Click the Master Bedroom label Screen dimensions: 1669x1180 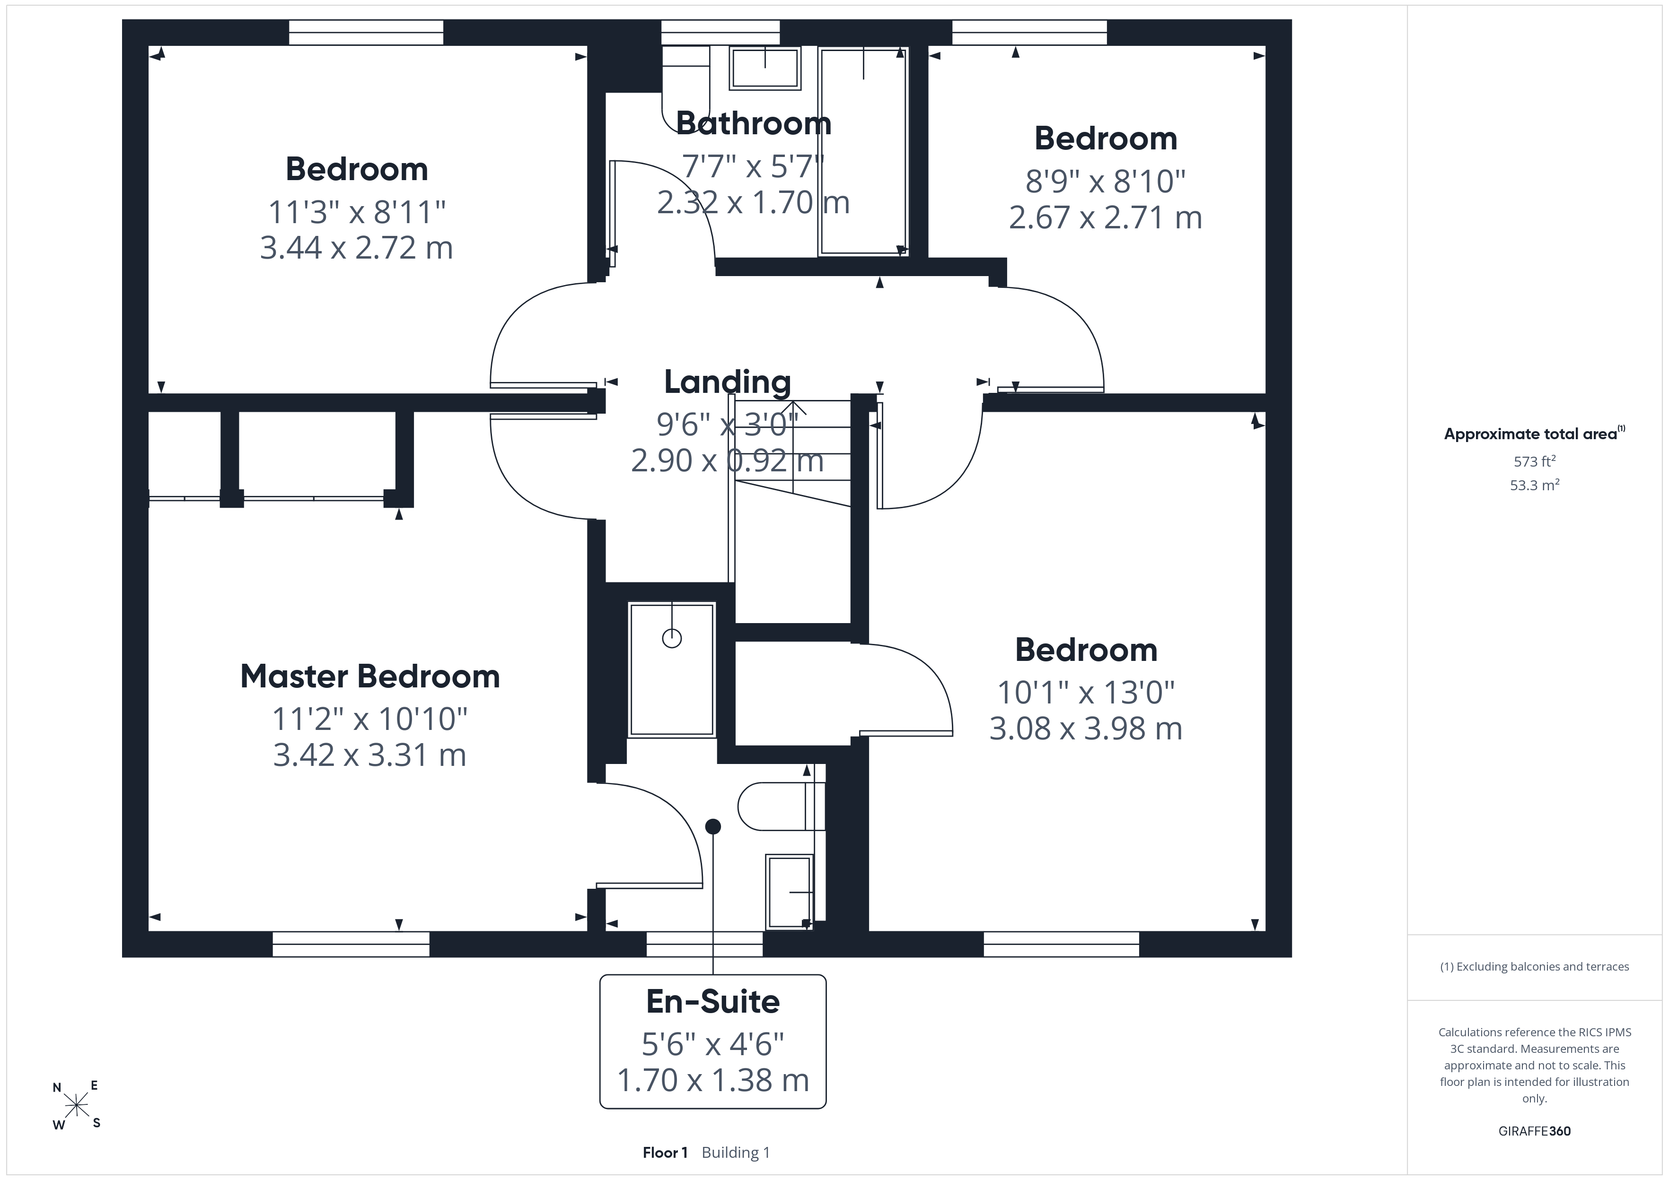coord(370,677)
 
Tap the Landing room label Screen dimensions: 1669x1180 coord(728,382)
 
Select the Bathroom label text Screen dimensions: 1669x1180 coord(754,123)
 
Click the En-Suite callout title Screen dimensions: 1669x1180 coord(713,1002)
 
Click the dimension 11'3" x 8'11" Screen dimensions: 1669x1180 coord(357,212)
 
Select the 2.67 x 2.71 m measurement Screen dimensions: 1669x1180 coord(1106,217)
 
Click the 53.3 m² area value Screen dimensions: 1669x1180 coord(1535,485)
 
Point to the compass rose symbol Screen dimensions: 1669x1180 coord(76,1106)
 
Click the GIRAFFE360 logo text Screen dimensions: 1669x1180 coord(1535,1131)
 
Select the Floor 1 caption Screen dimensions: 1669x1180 coord(665,1153)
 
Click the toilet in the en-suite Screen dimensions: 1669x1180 coord(781,807)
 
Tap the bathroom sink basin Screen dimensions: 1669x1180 coord(764,68)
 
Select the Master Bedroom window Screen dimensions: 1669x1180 coord(351,944)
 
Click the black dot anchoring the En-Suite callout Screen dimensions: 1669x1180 coord(713,826)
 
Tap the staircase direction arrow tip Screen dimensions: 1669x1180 coord(793,402)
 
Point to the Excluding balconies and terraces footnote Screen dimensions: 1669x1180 coord(1535,966)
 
